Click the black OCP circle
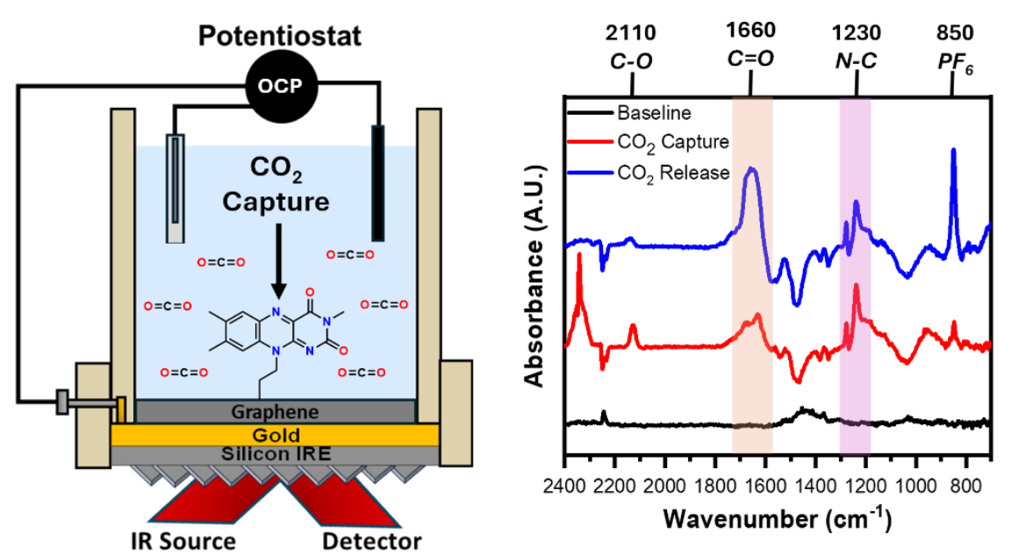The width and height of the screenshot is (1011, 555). (x=281, y=86)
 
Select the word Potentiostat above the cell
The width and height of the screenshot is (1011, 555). (x=280, y=35)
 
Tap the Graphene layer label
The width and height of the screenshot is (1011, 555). (x=276, y=411)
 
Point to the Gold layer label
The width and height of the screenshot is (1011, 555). (x=276, y=435)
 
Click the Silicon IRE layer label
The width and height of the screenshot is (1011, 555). (x=276, y=454)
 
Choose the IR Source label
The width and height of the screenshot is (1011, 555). (x=183, y=541)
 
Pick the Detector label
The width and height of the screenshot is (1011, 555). (x=372, y=541)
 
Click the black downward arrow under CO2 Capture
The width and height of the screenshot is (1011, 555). (x=278, y=260)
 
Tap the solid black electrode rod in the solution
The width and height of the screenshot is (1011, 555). (x=378, y=183)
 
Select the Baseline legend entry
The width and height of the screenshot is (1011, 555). (x=629, y=113)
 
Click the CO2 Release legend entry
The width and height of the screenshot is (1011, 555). (x=649, y=174)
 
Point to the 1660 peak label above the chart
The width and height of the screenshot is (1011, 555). (x=750, y=30)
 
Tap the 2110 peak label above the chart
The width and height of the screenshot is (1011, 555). (x=631, y=32)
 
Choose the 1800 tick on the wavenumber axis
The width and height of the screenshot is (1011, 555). (x=714, y=485)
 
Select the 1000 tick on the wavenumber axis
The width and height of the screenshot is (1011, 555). (x=915, y=485)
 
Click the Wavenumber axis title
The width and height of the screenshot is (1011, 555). (x=777, y=518)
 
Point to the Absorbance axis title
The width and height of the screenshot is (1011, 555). (x=535, y=276)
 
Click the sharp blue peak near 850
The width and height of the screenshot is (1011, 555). (x=953, y=152)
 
